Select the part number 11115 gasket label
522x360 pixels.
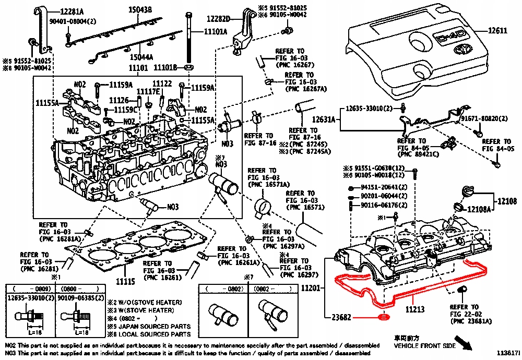(125, 281)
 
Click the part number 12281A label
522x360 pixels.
(75, 11)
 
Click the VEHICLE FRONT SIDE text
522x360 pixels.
(424, 346)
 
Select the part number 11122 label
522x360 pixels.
(162, 83)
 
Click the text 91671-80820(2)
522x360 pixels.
(484, 119)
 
